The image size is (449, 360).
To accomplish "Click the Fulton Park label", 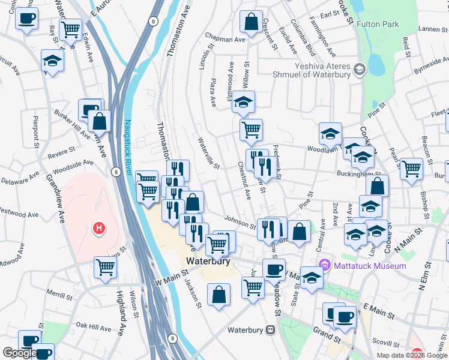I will pyautogui.click(x=378, y=25).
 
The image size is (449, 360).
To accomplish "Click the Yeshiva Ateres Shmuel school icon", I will pyautogui.click(x=359, y=70).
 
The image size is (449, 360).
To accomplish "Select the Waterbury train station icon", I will pyautogui.click(x=271, y=329).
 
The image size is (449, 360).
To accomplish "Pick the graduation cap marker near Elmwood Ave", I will pyautogui.click(x=243, y=101).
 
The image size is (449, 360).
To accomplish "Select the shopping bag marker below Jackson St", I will pyautogui.click(x=219, y=294).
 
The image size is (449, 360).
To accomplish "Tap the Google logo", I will pyautogui.click(x=19, y=353).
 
